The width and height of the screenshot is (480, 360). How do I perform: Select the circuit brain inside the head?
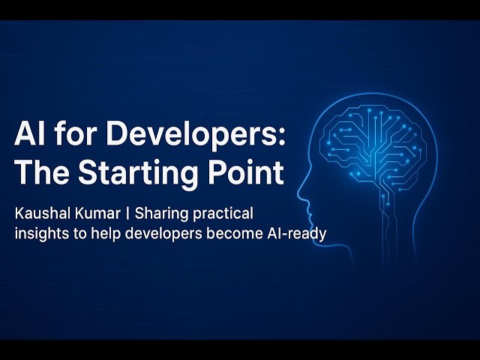[x=375, y=146]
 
